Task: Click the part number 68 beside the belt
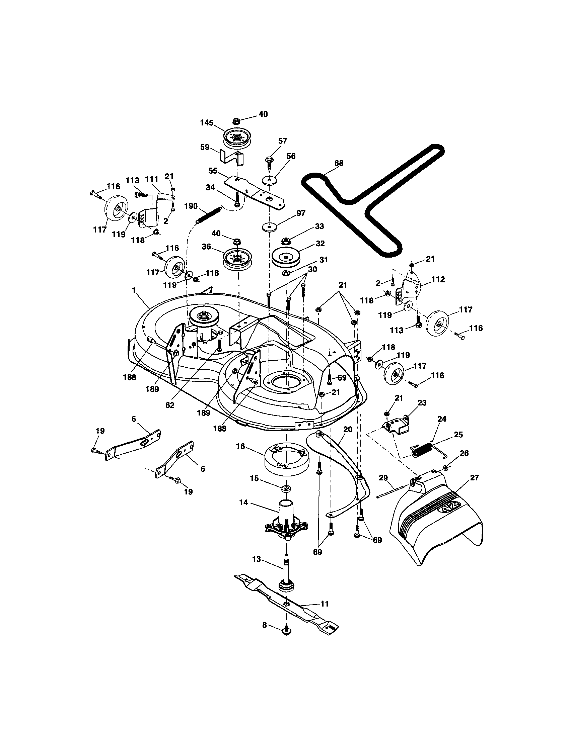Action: pyautogui.click(x=339, y=163)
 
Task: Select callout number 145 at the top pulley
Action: pyautogui.click(x=206, y=123)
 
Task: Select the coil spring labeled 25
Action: pyautogui.click(x=422, y=450)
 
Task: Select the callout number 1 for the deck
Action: pyautogui.click(x=134, y=290)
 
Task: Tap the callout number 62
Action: pyautogui.click(x=170, y=405)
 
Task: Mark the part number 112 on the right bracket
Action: pyautogui.click(x=438, y=279)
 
